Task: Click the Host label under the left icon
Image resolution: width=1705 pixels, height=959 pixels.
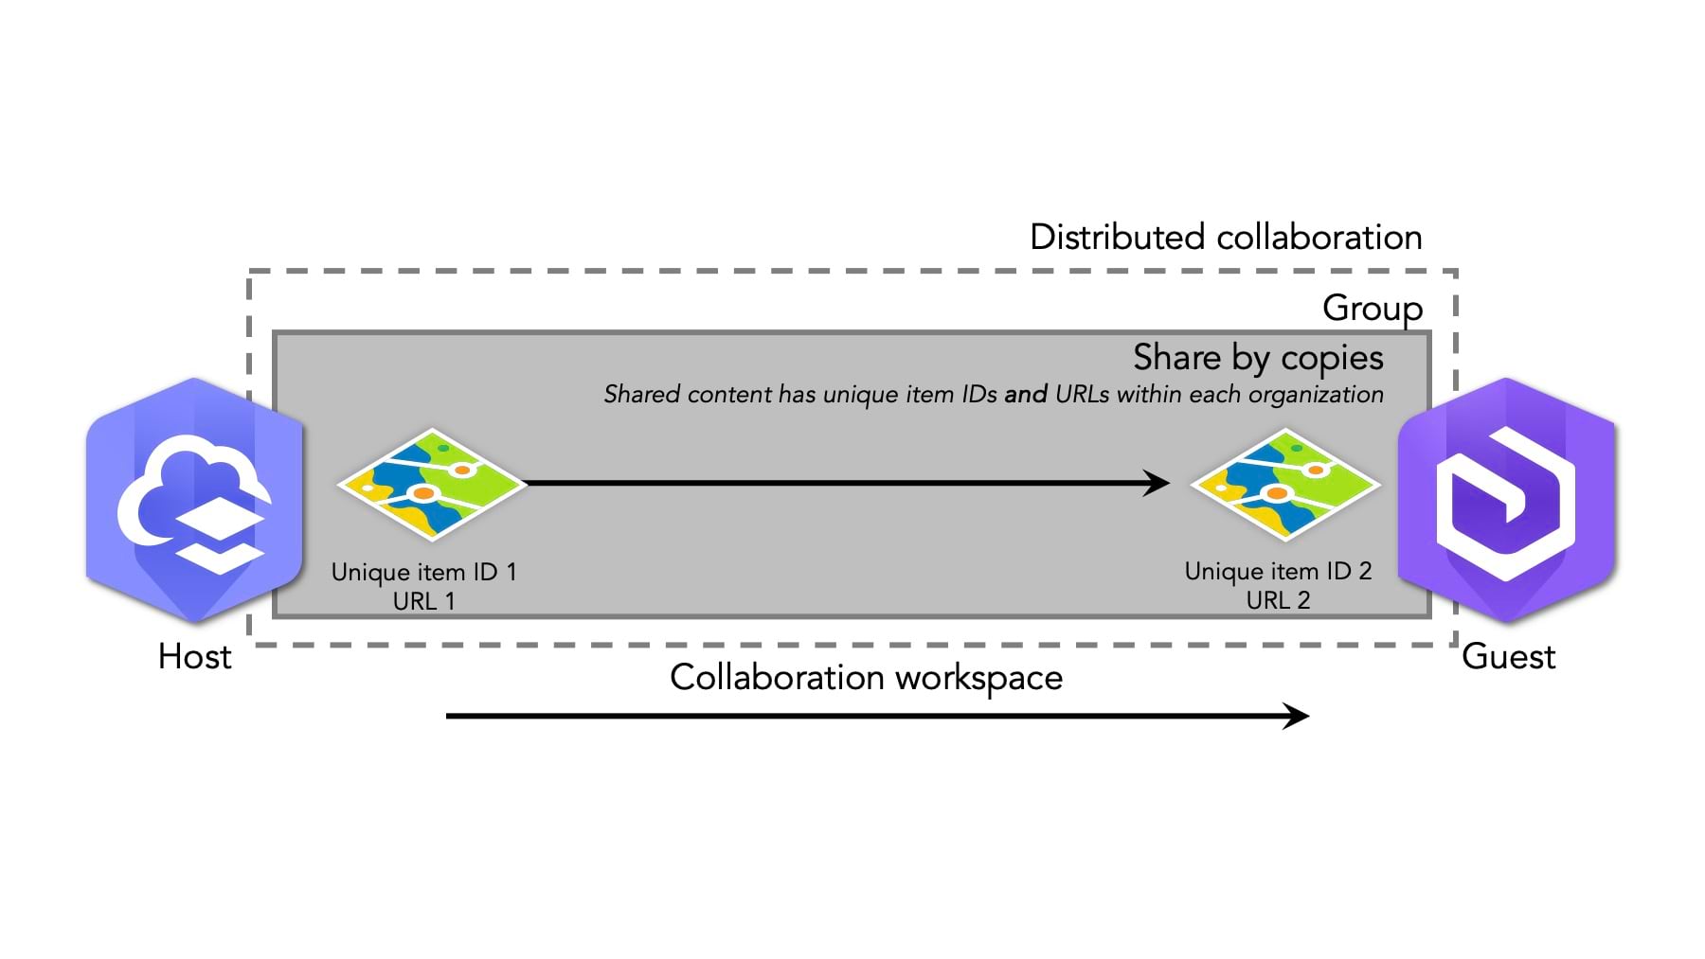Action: coord(194,656)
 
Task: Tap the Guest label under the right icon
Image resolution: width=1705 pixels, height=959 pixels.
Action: coord(1508,656)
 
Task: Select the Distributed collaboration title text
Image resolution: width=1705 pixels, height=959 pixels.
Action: coord(1226,237)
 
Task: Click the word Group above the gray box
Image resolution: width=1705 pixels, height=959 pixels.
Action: coord(1372,308)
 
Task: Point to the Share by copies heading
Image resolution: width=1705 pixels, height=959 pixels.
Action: coord(1258,358)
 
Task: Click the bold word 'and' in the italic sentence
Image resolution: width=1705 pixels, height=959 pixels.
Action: coord(1026,394)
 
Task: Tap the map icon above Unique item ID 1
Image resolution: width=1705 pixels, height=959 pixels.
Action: coord(431,484)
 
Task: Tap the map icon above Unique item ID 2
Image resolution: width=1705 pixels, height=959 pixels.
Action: coord(1284,484)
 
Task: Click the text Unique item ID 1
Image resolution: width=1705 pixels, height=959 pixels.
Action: coord(423,572)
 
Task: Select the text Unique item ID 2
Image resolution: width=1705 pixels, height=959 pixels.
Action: coord(1278,571)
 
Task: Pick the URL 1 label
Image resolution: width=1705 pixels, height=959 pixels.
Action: coord(423,601)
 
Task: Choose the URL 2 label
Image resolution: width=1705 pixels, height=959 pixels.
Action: coord(1278,600)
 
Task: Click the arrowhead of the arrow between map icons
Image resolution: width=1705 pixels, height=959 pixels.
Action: coord(1158,483)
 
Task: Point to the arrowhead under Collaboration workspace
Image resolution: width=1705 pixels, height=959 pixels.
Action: coord(1297,716)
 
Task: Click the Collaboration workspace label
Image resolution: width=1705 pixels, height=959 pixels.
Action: coord(866,678)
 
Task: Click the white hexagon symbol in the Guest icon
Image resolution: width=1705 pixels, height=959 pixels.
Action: coord(1506,502)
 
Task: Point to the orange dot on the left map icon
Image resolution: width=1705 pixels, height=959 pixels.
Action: coord(423,494)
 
